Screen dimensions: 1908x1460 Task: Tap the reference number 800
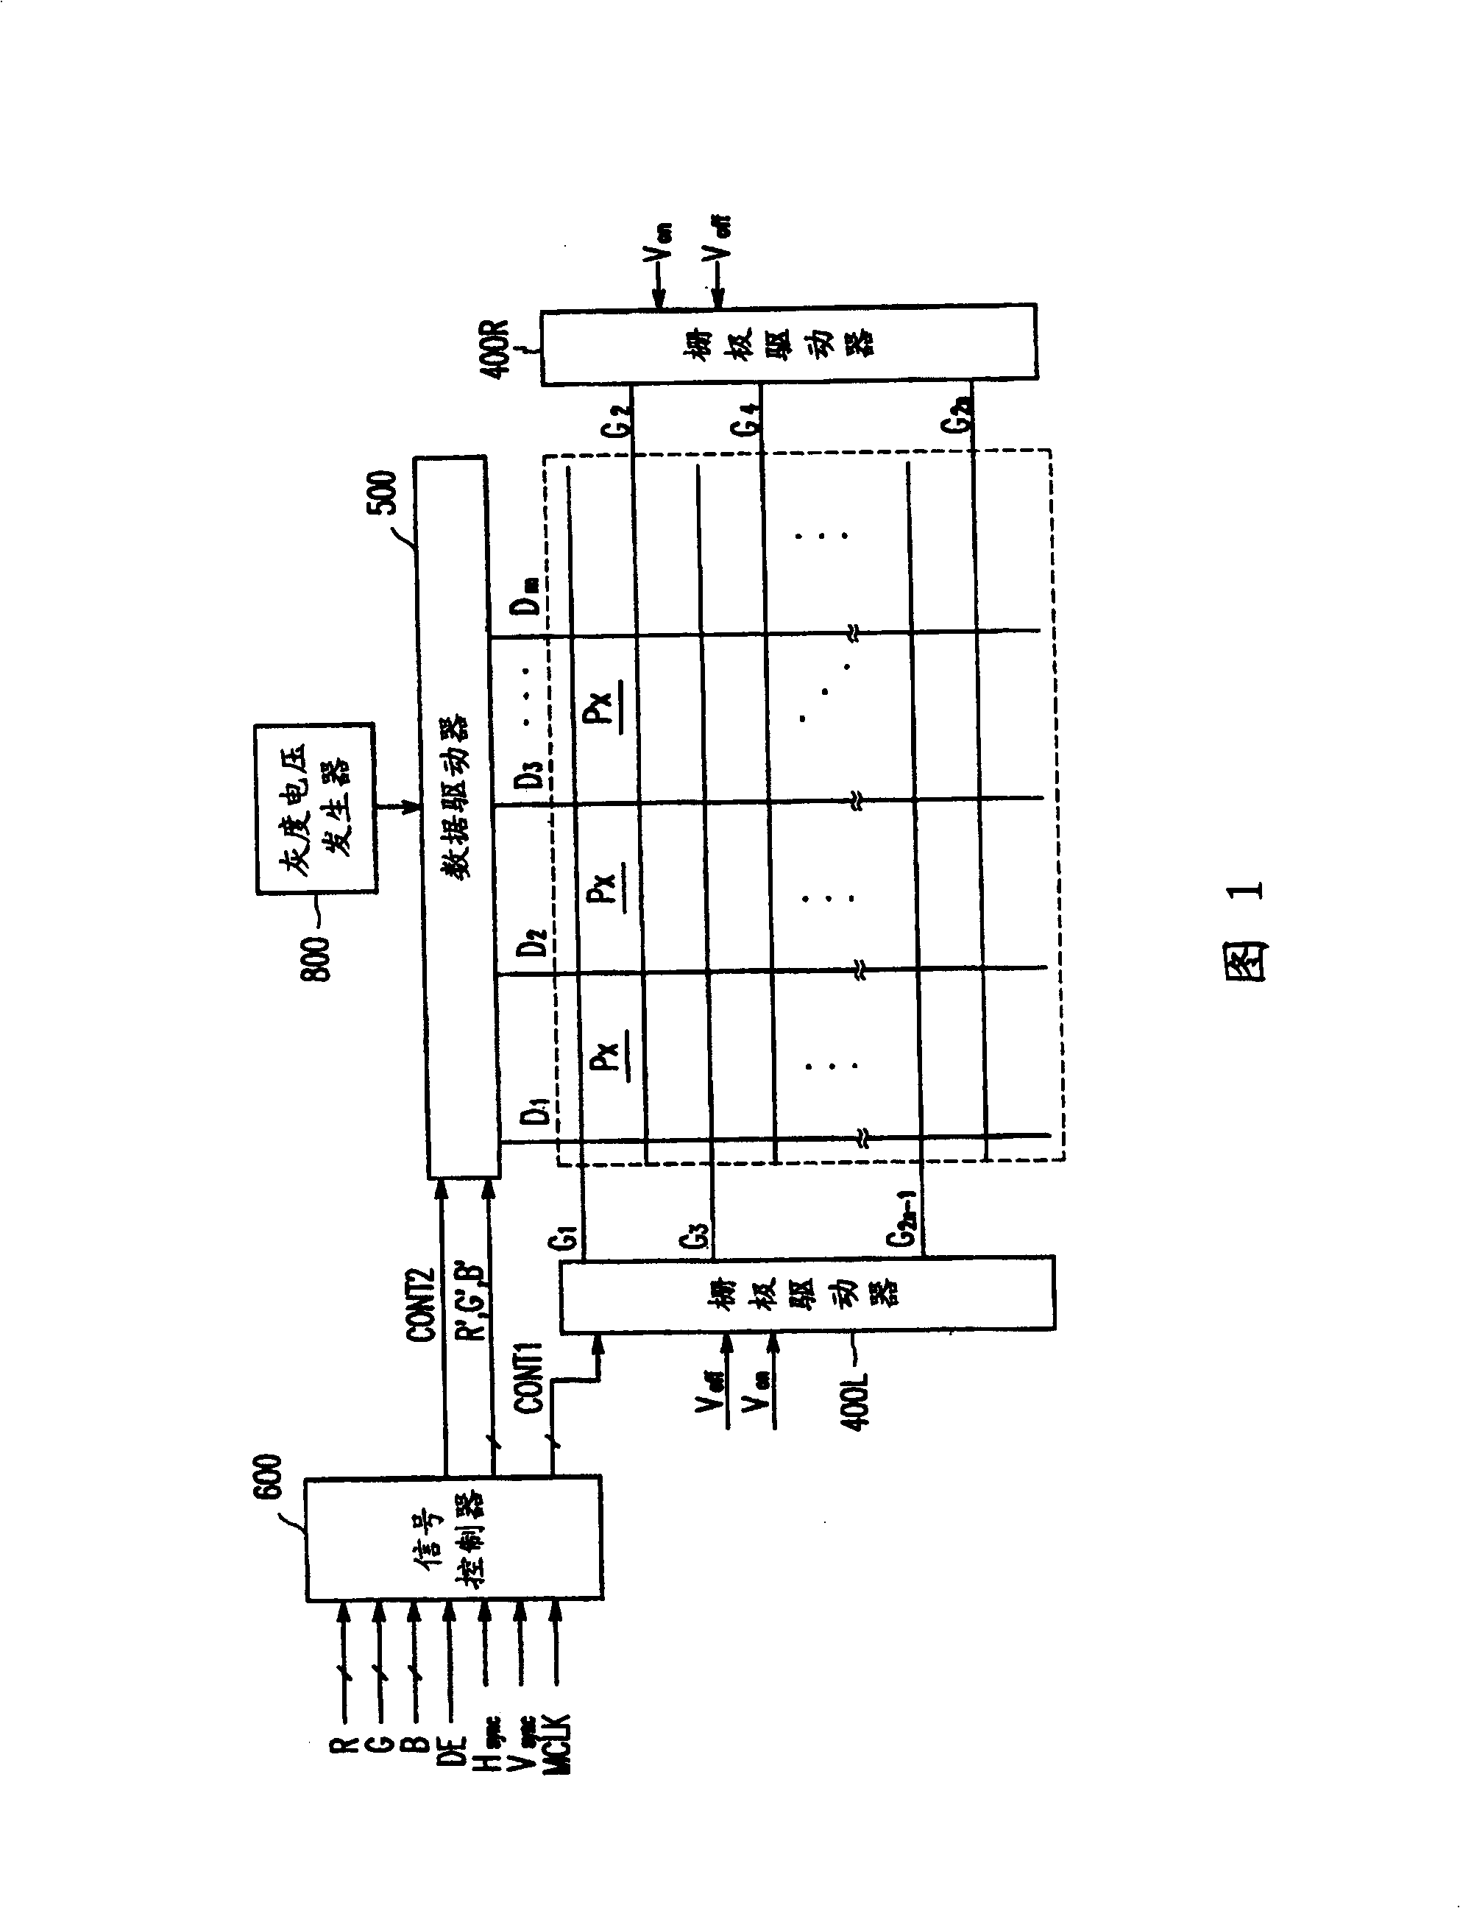coord(316,958)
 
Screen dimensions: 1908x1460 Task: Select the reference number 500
coord(383,492)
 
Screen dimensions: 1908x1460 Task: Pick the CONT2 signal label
coord(421,1306)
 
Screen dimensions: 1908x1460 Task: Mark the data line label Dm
coord(527,596)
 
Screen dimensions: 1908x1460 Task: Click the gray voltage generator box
coord(316,808)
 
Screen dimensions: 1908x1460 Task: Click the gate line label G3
coord(697,1234)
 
